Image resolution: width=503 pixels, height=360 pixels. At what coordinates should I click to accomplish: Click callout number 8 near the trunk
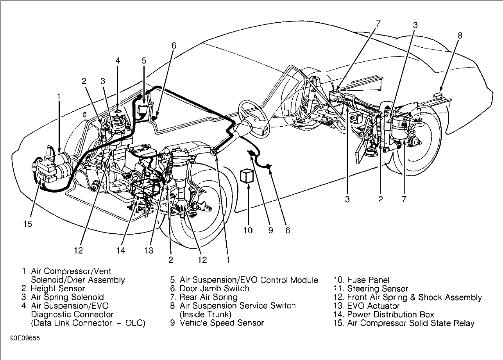pyautogui.click(x=460, y=35)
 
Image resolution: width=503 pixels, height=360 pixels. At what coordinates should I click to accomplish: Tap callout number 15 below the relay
pyautogui.click(x=27, y=224)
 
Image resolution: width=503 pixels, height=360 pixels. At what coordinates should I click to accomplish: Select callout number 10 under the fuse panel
pyautogui.click(x=248, y=230)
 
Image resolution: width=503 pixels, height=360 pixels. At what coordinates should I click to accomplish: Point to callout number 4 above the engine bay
pyautogui.click(x=118, y=60)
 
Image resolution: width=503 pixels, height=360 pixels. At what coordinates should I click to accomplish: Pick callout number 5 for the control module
pyautogui.click(x=144, y=60)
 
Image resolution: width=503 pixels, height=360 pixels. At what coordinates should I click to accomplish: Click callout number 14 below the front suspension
pyautogui.click(x=121, y=250)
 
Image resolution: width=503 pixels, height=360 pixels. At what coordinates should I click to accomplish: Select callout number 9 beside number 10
pyautogui.click(x=270, y=230)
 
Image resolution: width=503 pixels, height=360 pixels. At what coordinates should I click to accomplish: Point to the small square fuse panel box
pyautogui.click(x=247, y=176)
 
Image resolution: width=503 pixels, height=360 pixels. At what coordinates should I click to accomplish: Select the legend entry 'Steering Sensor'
pyautogui.click(x=377, y=289)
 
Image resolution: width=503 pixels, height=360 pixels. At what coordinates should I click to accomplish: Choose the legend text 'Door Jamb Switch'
pyautogui.click(x=214, y=289)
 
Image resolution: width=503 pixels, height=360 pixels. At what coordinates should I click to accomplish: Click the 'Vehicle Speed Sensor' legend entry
pyautogui.click(x=222, y=323)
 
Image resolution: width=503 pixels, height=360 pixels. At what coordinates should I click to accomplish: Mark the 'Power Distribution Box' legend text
pyautogui.click(x=390, y=315)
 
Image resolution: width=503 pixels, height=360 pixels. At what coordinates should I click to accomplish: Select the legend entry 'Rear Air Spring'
pyautogui.click(x=208, y=297)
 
